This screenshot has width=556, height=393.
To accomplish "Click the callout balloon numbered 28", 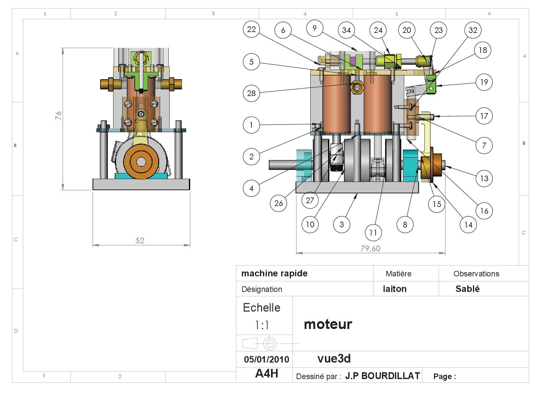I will coord(251,93).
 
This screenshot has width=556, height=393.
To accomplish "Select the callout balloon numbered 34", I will coord(346,30).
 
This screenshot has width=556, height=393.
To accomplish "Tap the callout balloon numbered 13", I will coord(484,178).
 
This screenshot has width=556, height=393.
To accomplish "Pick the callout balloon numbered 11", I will coord(373,233).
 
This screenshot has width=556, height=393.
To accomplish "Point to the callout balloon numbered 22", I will coord(251,29).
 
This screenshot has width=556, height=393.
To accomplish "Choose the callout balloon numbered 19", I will coord(484,82).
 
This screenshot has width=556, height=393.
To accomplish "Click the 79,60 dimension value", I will coord(370,248).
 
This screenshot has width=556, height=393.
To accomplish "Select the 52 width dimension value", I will coord(140,241).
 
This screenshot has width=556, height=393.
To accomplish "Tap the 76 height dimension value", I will coord(58,115).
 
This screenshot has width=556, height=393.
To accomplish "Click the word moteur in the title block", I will coord(328,324).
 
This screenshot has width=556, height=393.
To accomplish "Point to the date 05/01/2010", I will coord(267,359).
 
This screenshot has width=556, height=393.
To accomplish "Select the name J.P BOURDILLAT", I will coord(382,376).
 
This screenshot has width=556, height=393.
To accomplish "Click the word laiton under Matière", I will coord(395,289).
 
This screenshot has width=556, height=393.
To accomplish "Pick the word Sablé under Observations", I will coord(467,289).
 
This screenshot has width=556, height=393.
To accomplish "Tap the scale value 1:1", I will coord(262,325).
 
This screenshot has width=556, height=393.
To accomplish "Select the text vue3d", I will coord(334,359).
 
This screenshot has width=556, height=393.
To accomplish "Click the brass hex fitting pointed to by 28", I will coord(357,87).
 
